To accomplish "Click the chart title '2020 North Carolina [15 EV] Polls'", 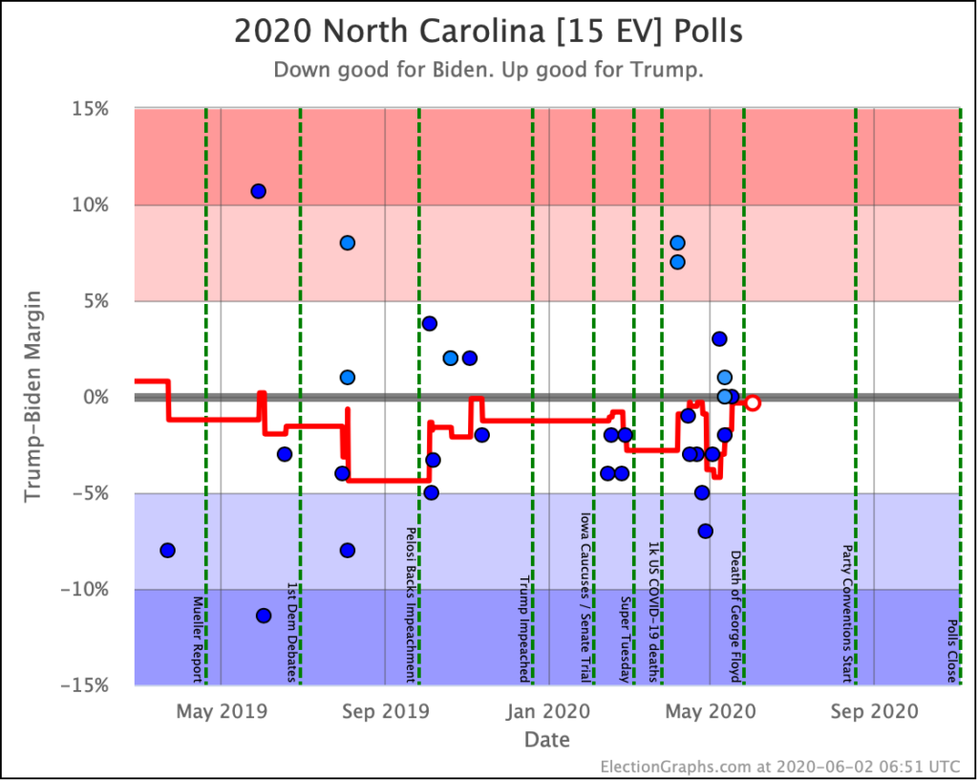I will (x=488, y=33).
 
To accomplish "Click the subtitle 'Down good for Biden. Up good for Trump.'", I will (x=488, y=71).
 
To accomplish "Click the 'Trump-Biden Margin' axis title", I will (x=33, y=397).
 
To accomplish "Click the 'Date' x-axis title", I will (x=546, y=740).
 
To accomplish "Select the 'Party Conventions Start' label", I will (x=847, y=615).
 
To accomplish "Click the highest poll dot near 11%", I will (x=258, y=191).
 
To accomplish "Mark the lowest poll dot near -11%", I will (x=264, y=616).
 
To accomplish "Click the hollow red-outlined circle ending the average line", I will (x=753, y=402).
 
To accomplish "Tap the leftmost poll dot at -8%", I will (x=168, y=550).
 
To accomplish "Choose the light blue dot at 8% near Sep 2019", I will (x=348, y=243).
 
